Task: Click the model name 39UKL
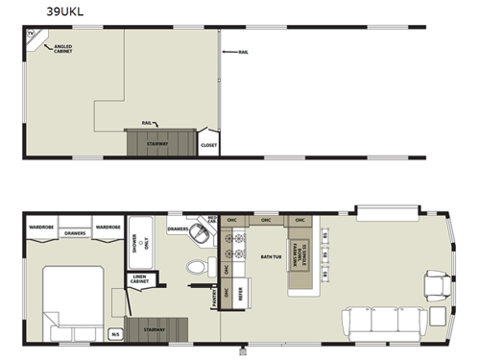[41, 12]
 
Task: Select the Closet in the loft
[208, 146]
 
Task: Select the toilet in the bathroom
[197, 268]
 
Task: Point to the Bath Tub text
[270, 256]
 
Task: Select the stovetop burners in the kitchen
[233, 248]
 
